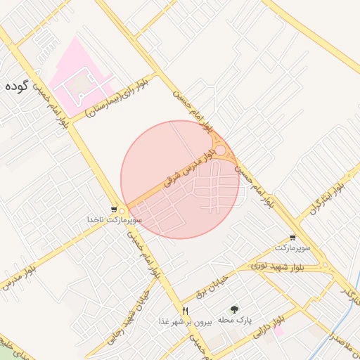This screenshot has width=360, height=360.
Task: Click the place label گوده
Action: (15, 86)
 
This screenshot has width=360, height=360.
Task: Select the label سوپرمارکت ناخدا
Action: (115, 220)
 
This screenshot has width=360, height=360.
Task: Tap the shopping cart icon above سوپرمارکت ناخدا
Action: (114, 210)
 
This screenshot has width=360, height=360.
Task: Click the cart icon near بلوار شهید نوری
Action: (292, 238)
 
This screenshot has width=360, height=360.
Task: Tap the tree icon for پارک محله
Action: (234, 309)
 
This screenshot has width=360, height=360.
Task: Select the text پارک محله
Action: (234, 321)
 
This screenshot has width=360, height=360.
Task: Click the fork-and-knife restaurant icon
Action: (186, 310)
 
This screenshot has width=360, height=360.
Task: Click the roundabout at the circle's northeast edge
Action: (221, 151)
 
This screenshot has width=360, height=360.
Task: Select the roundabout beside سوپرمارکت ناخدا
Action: (122, 211)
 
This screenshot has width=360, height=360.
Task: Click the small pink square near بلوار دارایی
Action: (278, 330)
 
